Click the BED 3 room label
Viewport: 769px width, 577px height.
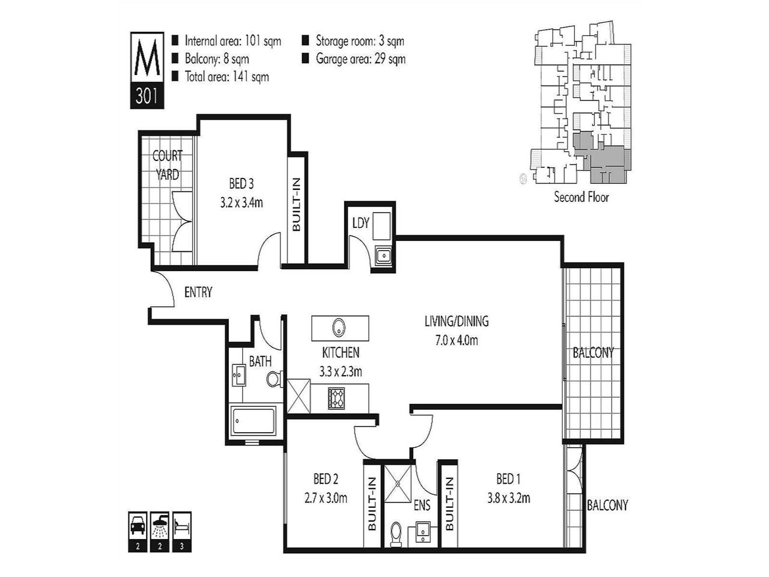point(241,183)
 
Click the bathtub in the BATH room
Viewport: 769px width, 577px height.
point(253,423)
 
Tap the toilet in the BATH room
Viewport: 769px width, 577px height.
point(274,379)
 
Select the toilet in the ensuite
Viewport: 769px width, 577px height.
point(396,533)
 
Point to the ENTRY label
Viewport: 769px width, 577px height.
point(198,293)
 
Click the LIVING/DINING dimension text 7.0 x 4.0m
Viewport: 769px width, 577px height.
point(457,341)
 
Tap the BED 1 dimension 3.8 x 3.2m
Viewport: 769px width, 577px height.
point(508,498)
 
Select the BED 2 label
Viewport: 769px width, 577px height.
point(326,479)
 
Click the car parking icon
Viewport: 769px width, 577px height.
point(137,526)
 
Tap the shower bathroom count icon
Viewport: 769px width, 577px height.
point(159,526)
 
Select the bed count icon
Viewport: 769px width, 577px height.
point(181,526)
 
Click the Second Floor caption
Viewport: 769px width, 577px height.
point(581,197)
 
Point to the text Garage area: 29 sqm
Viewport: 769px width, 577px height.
point(360,59)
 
